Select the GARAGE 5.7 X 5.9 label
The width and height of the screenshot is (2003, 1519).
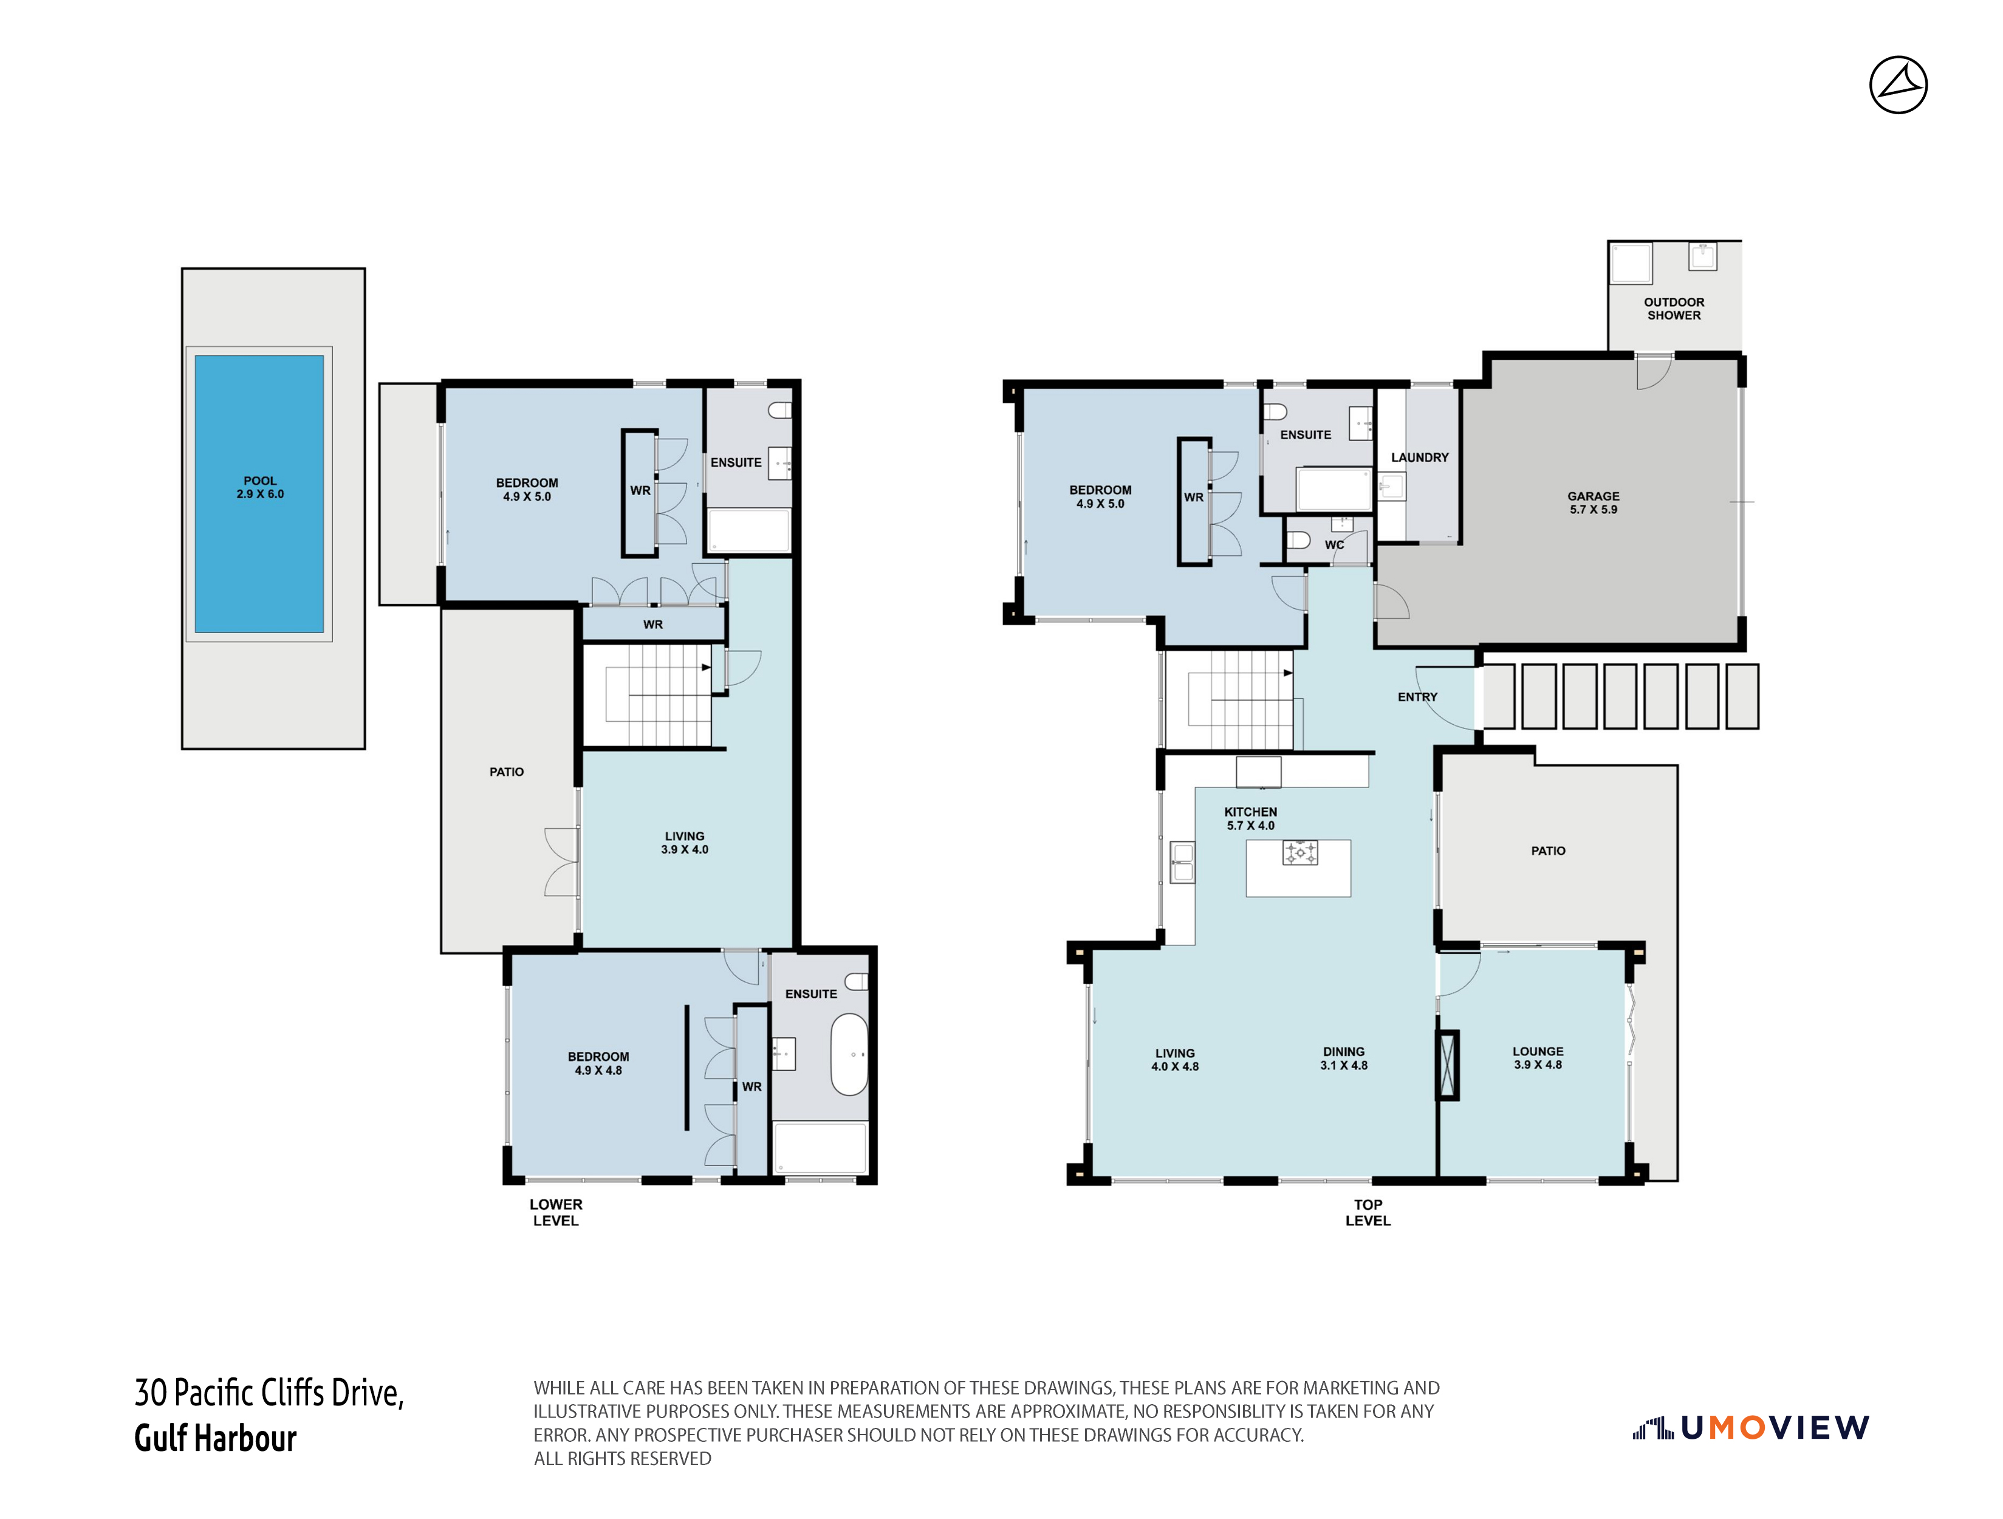(1593, 502)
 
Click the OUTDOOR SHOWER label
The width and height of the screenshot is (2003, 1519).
(1673, 309)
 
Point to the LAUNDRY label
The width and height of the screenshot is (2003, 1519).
(1419, 458)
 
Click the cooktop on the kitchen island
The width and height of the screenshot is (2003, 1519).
(1299, 852)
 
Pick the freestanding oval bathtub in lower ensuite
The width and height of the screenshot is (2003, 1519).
(849, 1054)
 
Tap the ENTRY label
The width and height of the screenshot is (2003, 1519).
(1417, 696)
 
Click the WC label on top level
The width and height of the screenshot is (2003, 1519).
(1334, 545)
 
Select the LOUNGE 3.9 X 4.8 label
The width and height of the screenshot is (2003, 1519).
(1538, 1058)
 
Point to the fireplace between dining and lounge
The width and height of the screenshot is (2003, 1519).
(1447, 1065)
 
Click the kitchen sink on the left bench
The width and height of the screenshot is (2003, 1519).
(1182, 862)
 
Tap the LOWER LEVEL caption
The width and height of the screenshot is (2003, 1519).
(556, 1212)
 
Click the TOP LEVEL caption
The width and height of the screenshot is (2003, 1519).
(1368, 1212)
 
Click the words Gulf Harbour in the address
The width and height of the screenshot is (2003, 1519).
(216, 1438)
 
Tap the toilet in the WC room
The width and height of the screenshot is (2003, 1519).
(1298, 541)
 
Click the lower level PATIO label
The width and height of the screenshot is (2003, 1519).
(506, 772)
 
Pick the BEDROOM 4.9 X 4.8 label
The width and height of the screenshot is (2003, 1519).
(598, 1063)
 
